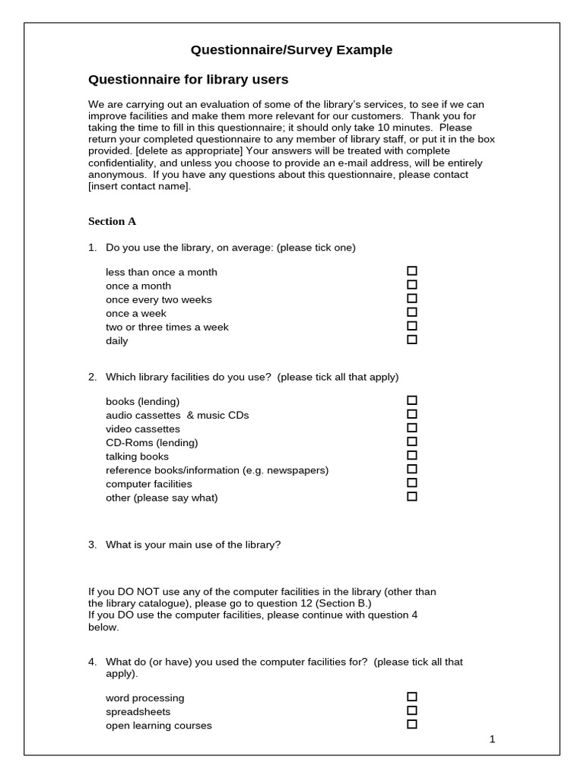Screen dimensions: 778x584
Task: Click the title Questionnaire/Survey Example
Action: tap(291, 50)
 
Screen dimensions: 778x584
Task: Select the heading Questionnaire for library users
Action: tap(189, 79)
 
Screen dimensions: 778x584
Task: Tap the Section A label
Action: tap(112, 221)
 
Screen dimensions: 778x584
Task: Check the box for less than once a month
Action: tap(412, 271)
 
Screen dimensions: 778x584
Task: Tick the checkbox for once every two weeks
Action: tap(412, 299)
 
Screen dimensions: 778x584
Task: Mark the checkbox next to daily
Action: tap(412, 340)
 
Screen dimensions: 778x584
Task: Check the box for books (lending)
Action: tap(412, 400)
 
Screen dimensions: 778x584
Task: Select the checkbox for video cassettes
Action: tap(412, 428)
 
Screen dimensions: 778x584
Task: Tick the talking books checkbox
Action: tap(412, 455)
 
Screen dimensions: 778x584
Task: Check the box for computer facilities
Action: tap(412, 482)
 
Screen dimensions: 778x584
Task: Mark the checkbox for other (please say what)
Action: tap(412, 496)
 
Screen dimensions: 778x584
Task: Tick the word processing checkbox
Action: tap(412, 697)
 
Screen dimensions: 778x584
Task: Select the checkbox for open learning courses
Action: tap(412, 724)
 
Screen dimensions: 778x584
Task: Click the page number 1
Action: tap(493, 739)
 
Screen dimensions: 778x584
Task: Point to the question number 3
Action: tap(92, 545)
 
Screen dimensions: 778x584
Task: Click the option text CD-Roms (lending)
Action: tap(151, 442)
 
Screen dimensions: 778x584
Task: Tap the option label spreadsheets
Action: tap(138, 712)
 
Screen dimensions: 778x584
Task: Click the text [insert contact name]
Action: tap(138, 186)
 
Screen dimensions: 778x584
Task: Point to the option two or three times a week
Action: tap(167, 327)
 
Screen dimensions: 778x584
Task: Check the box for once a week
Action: tap(412, 312)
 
